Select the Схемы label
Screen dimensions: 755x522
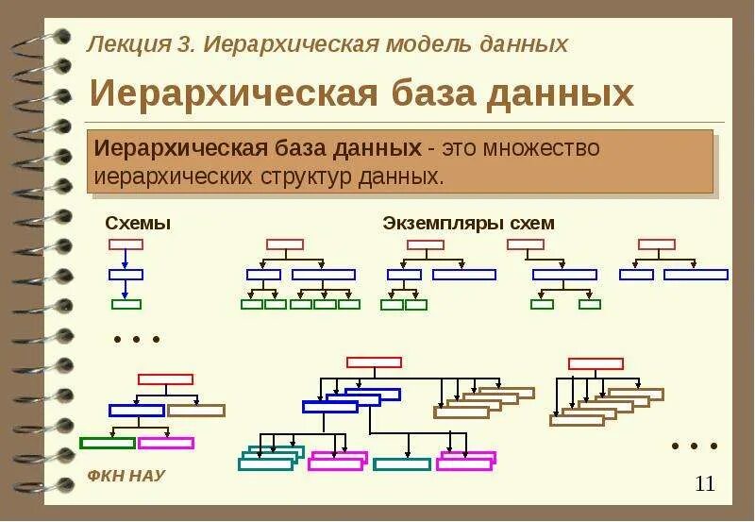[x=138, y=224]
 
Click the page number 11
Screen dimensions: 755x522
[x=704, y=484]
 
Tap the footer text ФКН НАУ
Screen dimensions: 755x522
[x=126, y=476]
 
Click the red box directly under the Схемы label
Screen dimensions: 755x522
[x=126, y=244]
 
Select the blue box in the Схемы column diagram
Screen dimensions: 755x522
[x=126, y=275]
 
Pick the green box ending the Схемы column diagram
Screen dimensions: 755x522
[x=126, y=304]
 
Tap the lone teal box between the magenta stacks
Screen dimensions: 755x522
[x=402, y=463]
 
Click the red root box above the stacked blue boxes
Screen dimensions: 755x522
[x=374, y=362]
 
